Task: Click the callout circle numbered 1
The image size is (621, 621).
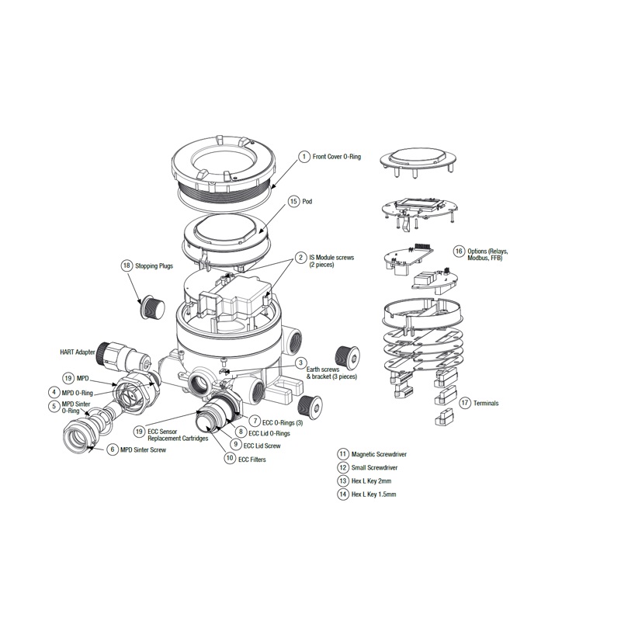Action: click(304, 157)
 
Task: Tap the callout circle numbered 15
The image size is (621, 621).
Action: click(293, 201)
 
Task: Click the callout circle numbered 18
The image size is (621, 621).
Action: click(127, 265)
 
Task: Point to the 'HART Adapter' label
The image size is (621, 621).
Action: click(78, 352)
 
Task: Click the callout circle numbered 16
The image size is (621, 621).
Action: click(459, 252)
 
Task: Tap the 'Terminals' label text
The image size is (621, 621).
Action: click(485, 404)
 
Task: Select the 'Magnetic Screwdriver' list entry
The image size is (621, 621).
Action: click(379, 454)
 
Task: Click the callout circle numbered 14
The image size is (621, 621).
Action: click(342, 494)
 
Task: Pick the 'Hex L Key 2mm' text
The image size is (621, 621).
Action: click(371, 480)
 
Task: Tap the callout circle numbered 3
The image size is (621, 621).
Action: click(300, 363)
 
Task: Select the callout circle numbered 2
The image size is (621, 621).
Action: click(300, 257)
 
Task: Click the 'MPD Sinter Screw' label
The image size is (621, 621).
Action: click(144, 450)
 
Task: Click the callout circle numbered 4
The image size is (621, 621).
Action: click(54, 393)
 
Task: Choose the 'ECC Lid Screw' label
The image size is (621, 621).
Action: click(262, 446)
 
